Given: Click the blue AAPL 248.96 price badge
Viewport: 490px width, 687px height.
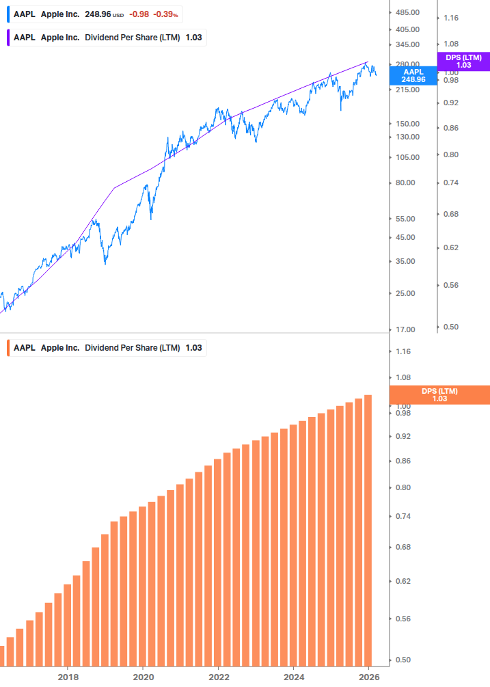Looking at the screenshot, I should tap(413, 75).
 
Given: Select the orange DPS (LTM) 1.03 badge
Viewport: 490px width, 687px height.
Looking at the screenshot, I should tap(439, 395).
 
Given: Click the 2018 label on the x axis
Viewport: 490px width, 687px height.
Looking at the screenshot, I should tap(68, 677).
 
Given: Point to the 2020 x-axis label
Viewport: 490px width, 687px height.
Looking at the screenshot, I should tap(143, 677).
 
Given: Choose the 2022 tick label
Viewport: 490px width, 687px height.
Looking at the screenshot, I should tap(218, 677).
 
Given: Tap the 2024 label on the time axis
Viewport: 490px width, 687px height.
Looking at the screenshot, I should tap(293, 677).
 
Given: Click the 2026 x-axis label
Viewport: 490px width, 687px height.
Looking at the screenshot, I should tap(368, 677).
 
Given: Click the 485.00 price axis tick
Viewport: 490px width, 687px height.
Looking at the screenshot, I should tap(407, 13).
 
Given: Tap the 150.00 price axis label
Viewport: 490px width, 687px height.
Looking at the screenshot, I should tap(407, 124).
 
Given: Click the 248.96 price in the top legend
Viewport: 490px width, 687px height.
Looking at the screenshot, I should tap(98, 14).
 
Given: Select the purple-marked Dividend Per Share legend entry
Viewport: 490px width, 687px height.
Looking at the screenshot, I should tap(106, 38).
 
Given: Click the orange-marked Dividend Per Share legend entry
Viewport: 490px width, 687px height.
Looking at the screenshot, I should tap(106, 348).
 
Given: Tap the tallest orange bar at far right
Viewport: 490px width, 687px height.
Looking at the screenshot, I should tap(368, 530).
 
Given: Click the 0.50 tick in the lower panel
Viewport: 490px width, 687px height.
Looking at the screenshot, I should tap(404, 660).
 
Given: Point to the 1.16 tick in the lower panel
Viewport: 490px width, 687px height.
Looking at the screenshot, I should tap(404, 351).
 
